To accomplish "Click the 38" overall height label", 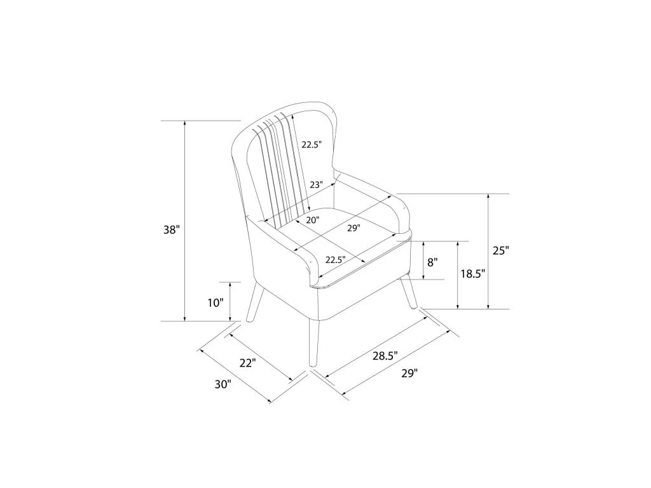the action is click(172, 229).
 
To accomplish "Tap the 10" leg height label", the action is click(216, 303).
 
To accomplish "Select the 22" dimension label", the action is click(247, 363).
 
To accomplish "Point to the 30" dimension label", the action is click(223, 384).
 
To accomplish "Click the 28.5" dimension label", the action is click(385, 356).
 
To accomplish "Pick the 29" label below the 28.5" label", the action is click(409, 374).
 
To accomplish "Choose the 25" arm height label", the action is click(501, 250).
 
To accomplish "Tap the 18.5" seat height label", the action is click(473, 274).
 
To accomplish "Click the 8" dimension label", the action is click(432, 262).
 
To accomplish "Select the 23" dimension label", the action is click(317, 185).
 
